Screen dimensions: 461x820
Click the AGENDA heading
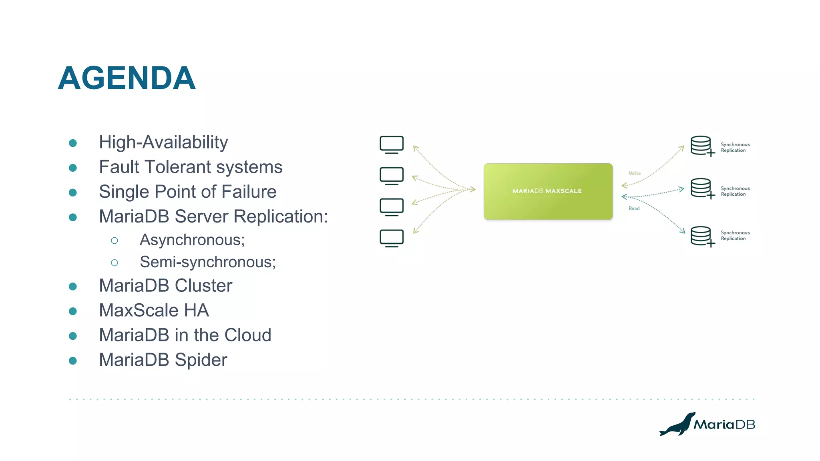(x=127, y=78)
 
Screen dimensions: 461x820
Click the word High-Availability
(x=163, y=142)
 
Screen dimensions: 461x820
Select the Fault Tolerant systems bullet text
(x=191, y=167)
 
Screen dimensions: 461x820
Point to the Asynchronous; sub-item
(x=192, y=240)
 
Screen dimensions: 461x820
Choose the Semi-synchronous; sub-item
(x=208, y=262)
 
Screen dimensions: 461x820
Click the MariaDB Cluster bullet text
(x=165, y=286)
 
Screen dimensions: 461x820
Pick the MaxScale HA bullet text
(x=154, y=311)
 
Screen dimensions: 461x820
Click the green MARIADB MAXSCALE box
(x=548, y=191)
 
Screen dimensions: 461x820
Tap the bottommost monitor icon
(x=391, y=239)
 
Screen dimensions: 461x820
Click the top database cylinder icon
(x=701, y=146)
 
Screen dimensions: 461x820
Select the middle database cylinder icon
(x=701, y=188)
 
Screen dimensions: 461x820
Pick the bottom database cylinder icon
(x=701, y=236)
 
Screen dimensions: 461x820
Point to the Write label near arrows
(x=634, y=173)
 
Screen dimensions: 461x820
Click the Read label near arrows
(x=634, y=208)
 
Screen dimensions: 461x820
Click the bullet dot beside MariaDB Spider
(x=73, y=361)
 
